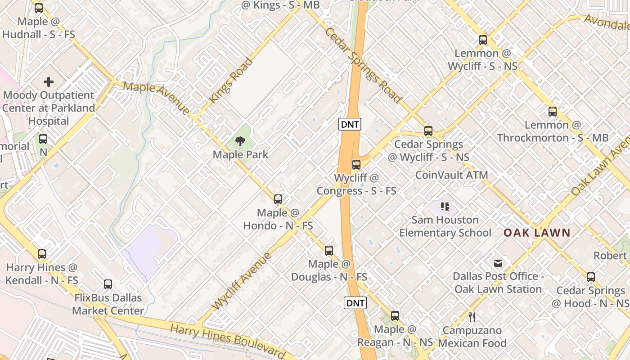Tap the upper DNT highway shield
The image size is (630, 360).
pyautogui.click(x=350, y=125)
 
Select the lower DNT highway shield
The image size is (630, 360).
pyautogui.click(x=355, y=303)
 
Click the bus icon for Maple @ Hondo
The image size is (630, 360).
pyautogui.click(x=278, y=199)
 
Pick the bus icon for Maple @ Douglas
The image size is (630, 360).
pyautogui.click(x=329, y=251)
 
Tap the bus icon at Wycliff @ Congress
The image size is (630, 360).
pyautogui.click(x=356, y=165)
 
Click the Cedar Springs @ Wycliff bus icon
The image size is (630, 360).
pyautogui.click(x=428, y=131)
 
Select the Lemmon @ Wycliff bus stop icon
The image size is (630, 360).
pyautogui.click(x=483, y=40)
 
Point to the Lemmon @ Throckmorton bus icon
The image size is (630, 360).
pyautogui.click(x=553, y=112)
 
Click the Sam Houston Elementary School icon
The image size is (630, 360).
pyautogui.click(x=445, y=207)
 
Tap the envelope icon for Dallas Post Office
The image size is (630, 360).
pyautogui.click(x=498, y=263)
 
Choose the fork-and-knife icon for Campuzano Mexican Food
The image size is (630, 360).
pyautogui.click(x=472, y=317)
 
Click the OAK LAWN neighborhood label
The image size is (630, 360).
pyautogui.click(x=537, y=233)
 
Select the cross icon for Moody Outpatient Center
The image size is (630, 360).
pyautogui.click(x=49, y=82)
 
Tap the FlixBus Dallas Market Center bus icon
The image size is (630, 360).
pyautogui.click(x=108, y=284)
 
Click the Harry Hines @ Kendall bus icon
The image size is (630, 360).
pyautogui.click(x=42, y=254)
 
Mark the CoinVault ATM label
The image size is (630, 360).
pyautogui.click(x=451, y=175)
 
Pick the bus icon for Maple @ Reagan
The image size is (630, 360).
pyautogui.click(x=395, y=316)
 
